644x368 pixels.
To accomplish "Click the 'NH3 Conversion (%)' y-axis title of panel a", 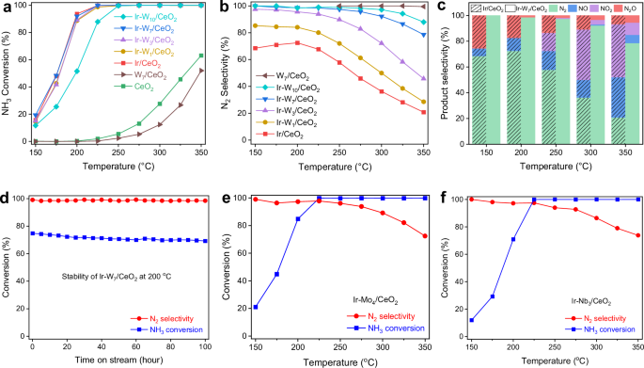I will pos(8,75).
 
